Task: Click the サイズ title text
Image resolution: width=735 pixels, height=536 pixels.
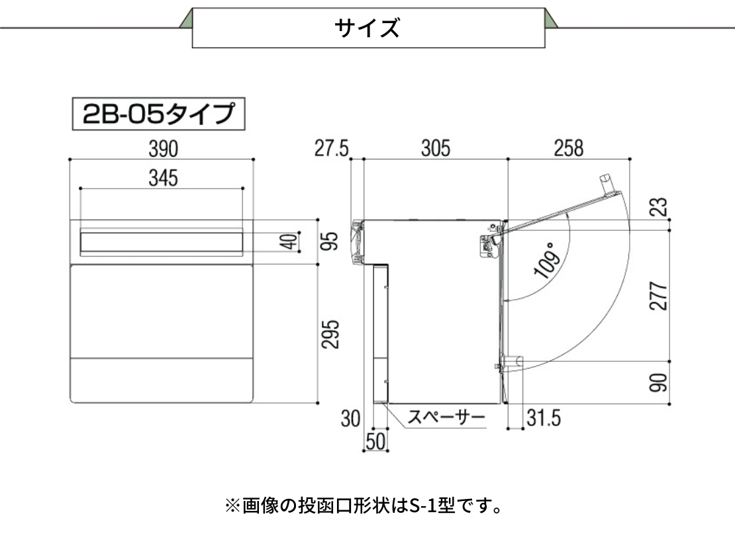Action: pos(367,28)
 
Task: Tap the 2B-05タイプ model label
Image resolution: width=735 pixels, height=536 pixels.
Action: pos(158,114)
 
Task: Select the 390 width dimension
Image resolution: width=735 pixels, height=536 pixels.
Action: pos(163,149)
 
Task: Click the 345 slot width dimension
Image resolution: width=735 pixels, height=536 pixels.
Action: pos(163,178)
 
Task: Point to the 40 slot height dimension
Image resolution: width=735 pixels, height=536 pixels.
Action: pos(289,242)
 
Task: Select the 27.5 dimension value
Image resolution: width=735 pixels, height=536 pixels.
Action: pos(332,148)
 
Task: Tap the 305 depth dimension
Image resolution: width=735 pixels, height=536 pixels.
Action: pos(436,148)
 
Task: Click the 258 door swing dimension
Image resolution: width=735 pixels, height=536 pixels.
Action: pos(569,148)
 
